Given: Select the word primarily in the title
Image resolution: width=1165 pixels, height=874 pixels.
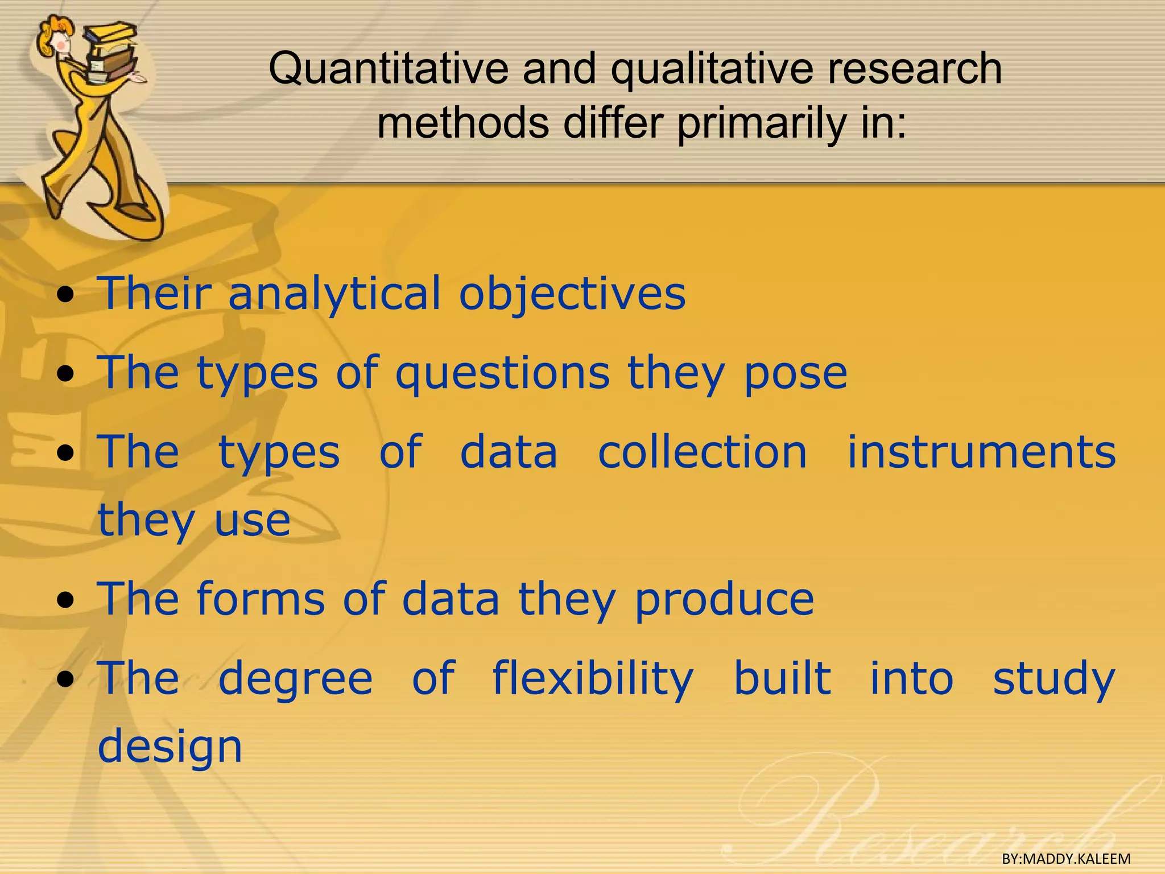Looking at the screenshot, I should coord(762,123).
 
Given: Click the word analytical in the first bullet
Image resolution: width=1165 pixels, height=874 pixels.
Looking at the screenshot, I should coord(334,294).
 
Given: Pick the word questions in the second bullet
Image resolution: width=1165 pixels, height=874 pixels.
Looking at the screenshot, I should coord(502,374).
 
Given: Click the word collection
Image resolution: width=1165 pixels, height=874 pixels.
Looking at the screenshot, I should coord(703,452).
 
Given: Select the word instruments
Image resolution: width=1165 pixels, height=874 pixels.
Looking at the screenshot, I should coord(982,452).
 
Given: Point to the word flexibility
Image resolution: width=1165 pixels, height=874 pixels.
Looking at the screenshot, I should coord(593,679).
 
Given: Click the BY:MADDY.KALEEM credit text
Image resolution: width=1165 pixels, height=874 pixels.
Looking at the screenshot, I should coord(1066,859).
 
